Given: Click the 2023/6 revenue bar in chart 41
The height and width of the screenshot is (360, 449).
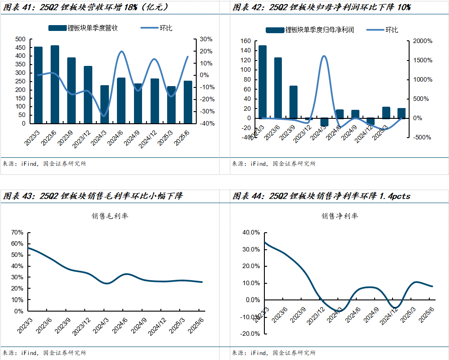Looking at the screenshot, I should [55, 84].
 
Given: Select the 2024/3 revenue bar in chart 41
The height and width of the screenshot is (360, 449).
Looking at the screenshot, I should [104, 104].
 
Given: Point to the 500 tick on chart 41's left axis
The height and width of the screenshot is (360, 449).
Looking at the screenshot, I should [20, 39].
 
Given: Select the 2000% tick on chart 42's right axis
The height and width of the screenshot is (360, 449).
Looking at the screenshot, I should [423, 41].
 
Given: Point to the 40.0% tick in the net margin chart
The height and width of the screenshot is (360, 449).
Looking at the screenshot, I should [250, 233].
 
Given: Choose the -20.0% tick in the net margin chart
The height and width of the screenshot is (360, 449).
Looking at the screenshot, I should [249, 334].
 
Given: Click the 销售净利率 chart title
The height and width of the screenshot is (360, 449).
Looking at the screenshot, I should [340, 216].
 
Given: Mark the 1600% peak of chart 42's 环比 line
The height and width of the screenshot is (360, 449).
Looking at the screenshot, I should [324, 56].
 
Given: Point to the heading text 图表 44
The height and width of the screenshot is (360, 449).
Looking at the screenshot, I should [246, 196].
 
